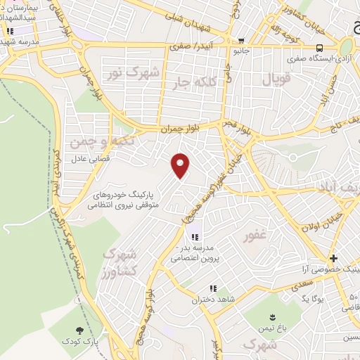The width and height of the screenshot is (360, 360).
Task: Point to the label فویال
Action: coord(276,80)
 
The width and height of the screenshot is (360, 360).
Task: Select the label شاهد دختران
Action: coord(211,300)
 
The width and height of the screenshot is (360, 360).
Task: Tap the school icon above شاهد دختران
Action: coord(212,288)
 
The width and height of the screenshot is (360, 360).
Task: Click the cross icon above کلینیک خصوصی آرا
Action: coord(333,259)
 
